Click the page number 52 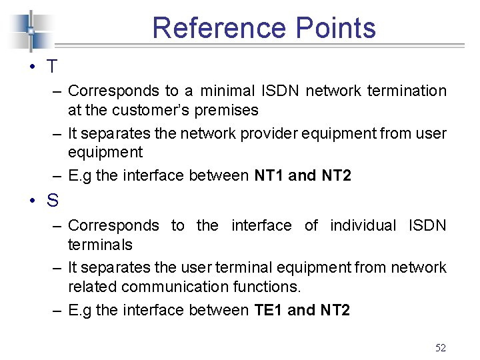[440, 347]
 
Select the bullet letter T [52, 67]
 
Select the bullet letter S [52, 200]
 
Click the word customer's [167, 110]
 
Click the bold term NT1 [269, 176]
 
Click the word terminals [100, 245]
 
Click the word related [89, 287]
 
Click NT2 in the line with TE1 [335, 310]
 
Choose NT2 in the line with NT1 [335, 176]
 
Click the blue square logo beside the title [30, 31]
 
